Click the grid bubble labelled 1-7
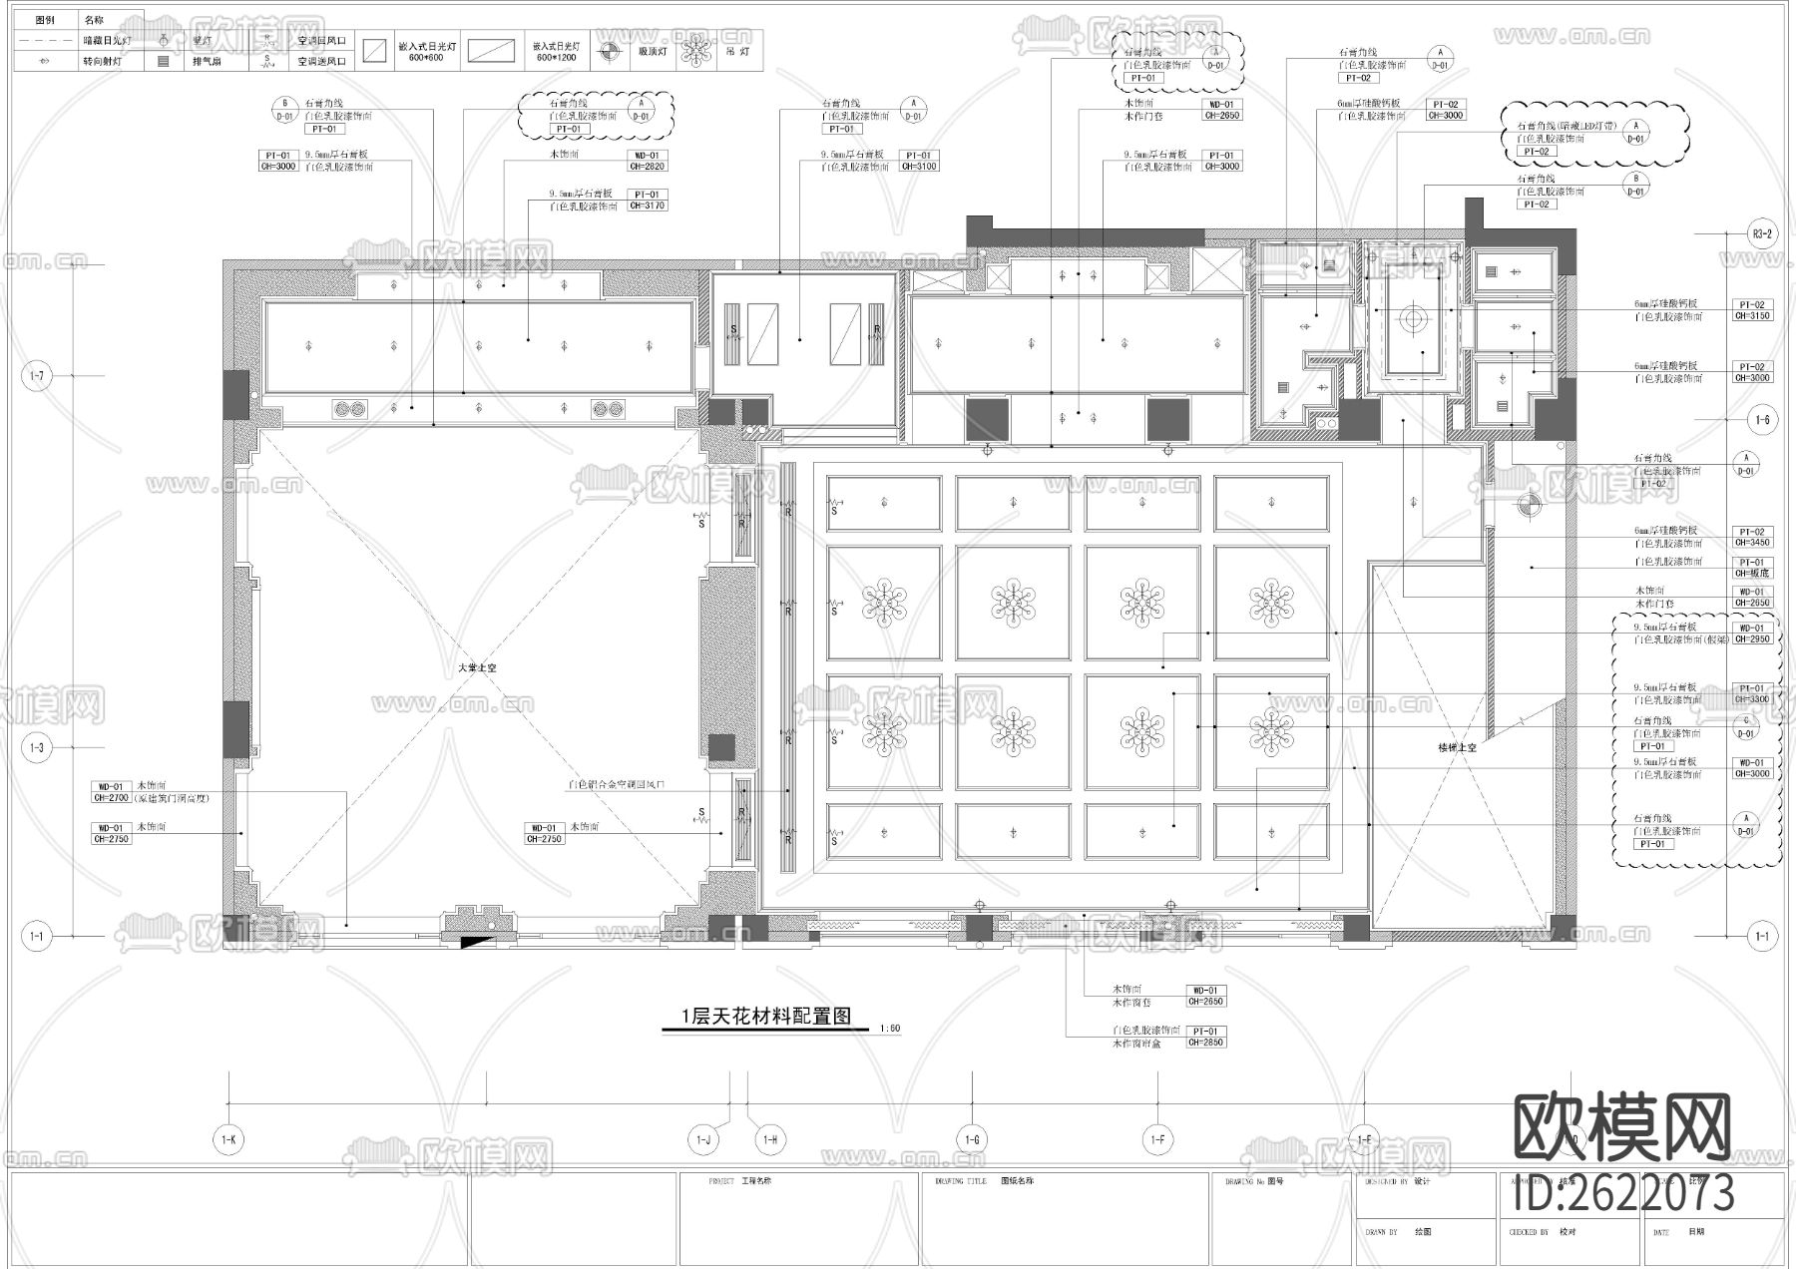[x=37, y=376]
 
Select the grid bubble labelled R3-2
[x=1762, y=234]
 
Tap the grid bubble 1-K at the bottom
[x=228, y=1139]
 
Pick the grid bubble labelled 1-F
[x=1157, y=1139]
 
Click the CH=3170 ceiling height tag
[x=647, y=206]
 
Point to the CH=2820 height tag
[x=647, y=167]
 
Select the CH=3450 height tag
[x=1752, y=543]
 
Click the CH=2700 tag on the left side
[x=111, y=797]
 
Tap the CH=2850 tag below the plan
[x=1205, y=1043]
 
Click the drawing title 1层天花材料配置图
[x=765, y=1017]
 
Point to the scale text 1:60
[x=890, y=1029]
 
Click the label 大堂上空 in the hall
[x=476, y=667]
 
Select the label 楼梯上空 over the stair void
[x=1457, y=746]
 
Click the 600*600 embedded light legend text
[x=426, y=58]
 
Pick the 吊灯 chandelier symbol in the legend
[x=692, y=50]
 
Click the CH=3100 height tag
[x=919, y=167]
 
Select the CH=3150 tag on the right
[x=1752, y=316]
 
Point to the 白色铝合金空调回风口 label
[x=616, y=785]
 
